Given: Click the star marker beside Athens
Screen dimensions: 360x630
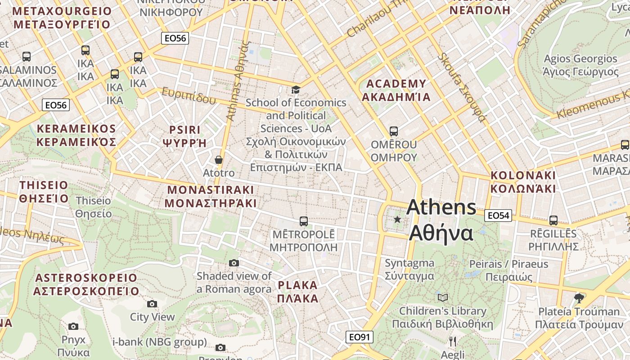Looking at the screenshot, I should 397,220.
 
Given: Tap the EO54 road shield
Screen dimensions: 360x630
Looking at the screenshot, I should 498,216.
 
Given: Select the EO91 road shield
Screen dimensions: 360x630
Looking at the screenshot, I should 360,337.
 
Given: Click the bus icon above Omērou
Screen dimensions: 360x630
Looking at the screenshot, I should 394,131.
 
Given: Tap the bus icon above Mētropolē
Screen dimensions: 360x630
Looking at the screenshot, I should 304,221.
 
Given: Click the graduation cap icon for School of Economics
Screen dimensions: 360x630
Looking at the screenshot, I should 296,90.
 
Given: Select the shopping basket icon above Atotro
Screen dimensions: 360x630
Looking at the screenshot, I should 219,160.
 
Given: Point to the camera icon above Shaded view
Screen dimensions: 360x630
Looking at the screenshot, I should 234,263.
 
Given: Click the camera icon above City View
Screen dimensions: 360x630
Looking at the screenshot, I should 152,304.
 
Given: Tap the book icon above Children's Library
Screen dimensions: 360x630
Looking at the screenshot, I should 443,297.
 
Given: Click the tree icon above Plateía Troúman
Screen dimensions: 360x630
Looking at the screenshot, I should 579,298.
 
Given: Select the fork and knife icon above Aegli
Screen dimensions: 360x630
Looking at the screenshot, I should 453,341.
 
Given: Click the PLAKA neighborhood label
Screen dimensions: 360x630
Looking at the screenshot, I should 297,292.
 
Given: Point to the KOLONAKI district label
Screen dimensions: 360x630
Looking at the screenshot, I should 523,182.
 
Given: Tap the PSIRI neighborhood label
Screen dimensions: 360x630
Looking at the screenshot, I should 184,136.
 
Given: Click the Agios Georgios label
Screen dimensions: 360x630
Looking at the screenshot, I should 580,65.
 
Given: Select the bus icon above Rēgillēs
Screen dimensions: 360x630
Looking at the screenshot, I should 553,220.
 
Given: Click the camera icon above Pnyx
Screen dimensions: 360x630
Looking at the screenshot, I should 73,326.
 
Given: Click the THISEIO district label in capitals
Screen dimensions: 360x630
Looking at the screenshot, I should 44,192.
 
